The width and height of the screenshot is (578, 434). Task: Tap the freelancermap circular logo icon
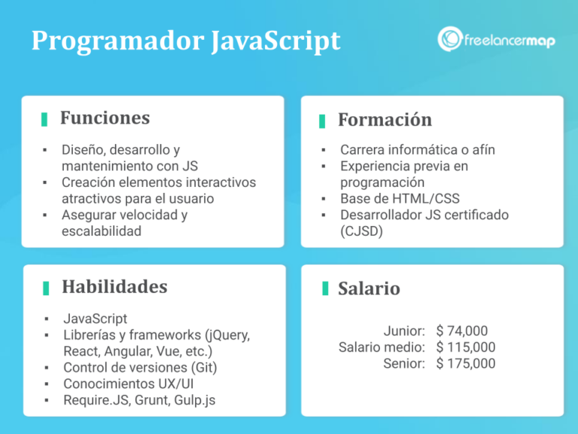click(450, 39)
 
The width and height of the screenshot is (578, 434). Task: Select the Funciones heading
click(105, 118)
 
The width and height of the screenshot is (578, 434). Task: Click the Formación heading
click(385, 120)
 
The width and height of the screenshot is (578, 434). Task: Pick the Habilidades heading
click(114, 287)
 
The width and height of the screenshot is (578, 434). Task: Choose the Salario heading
click(369, 289)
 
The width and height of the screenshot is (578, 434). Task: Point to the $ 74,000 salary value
click(462, 331)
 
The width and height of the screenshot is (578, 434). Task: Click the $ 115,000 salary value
click(466, 347)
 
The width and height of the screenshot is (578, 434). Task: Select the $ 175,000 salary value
click(466, 364)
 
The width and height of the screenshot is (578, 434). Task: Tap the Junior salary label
click(404, 331)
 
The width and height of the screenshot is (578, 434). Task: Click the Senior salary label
click(404, 364)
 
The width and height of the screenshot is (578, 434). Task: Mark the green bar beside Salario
click(325, 289)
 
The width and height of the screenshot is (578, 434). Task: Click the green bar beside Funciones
click(44, 119)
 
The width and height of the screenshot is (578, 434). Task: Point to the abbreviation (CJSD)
click(361, 231)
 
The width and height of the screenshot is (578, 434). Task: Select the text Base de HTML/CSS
click(400, 199)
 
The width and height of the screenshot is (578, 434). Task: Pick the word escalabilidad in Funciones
click(102, 231)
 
